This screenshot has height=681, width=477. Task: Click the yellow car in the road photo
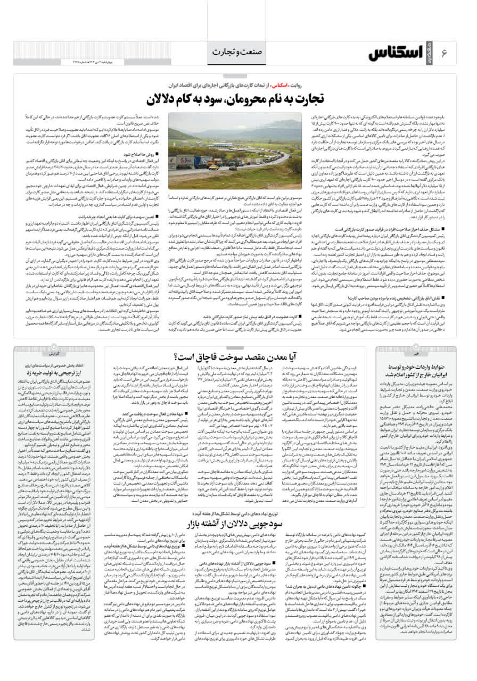click(x=213, y=167)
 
